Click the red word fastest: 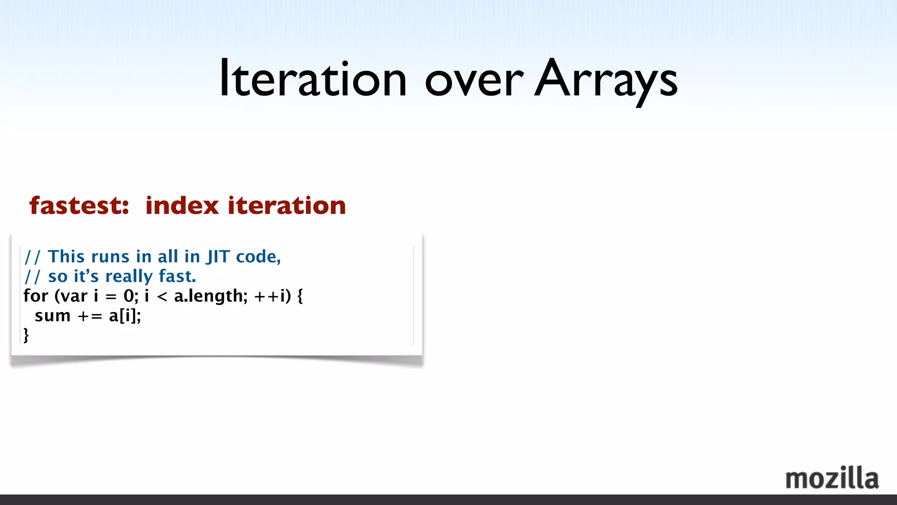79,206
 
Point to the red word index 182,206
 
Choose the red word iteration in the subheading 287,206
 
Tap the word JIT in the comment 218,256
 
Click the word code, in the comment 258,256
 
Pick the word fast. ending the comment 177,276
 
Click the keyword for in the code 35,296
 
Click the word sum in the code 53,316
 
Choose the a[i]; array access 125,316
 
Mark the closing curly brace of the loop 26,335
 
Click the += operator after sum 90,316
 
